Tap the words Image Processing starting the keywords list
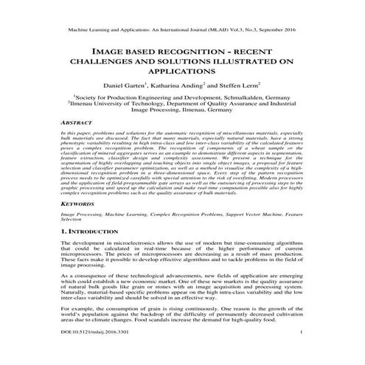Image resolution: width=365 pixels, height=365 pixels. tap(80, 212)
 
